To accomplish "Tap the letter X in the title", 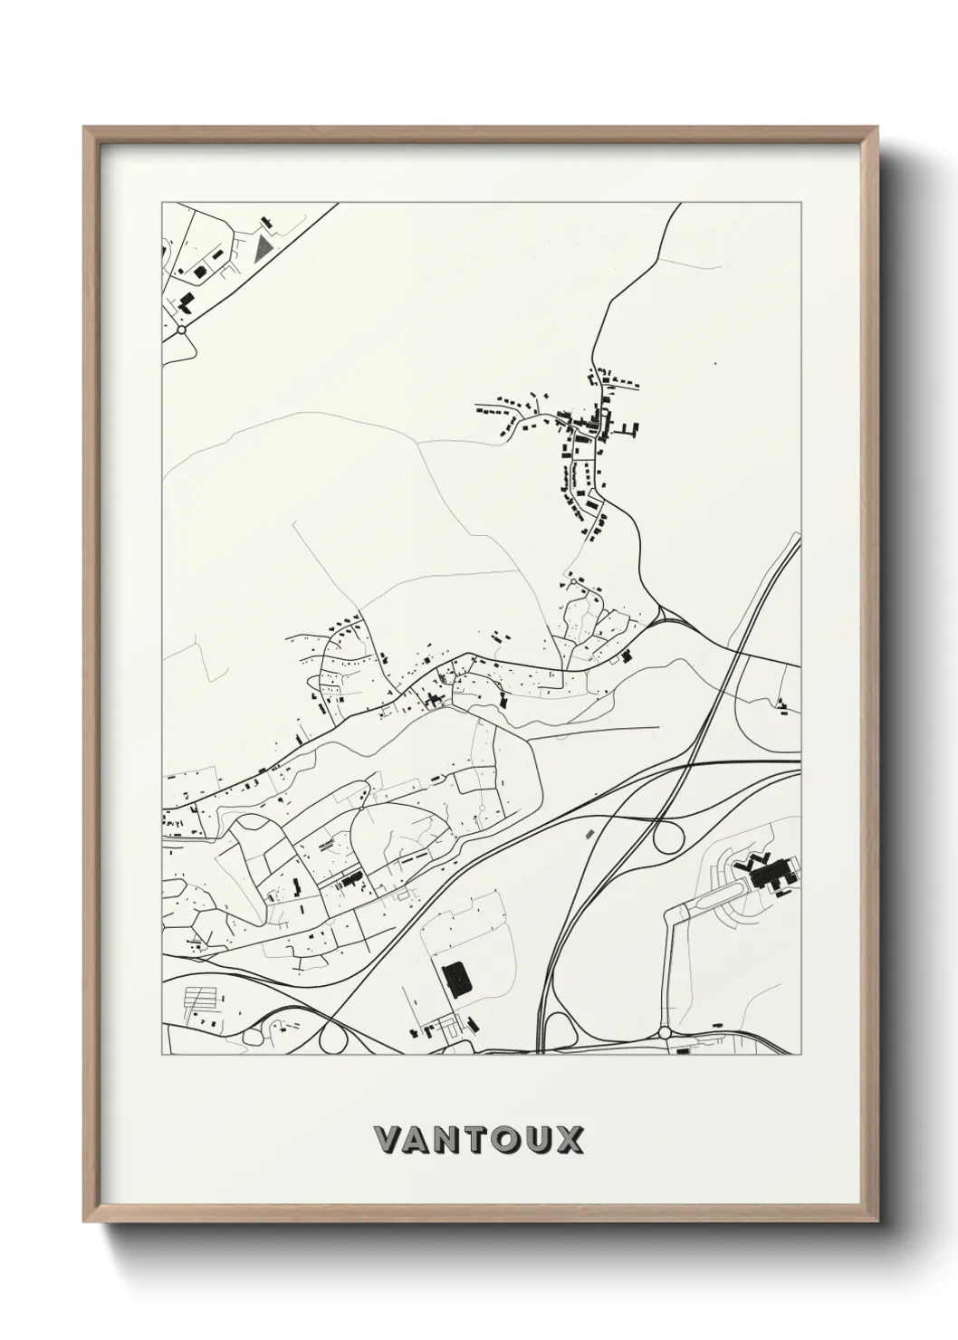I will coord(570,1140).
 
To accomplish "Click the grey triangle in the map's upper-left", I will coord(263,249).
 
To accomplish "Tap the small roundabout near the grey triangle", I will coord(182,331).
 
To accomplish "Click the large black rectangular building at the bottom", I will coord(456,979).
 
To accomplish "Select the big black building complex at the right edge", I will coord(770,874).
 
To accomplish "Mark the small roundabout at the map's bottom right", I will coord(665,1032).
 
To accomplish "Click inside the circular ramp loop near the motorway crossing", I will coord(668,837).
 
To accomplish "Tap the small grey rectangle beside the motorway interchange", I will coord(590,830).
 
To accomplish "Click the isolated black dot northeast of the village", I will coord(714,363).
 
